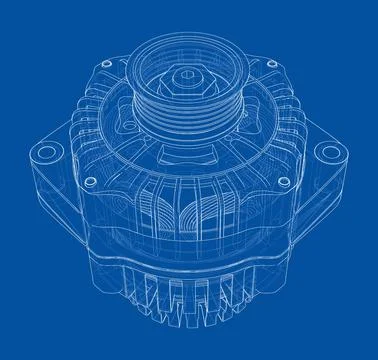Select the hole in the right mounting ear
pyautogui.click(x=329, y=152)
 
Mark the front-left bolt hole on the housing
pyautogui.click(x=91, y=181)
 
